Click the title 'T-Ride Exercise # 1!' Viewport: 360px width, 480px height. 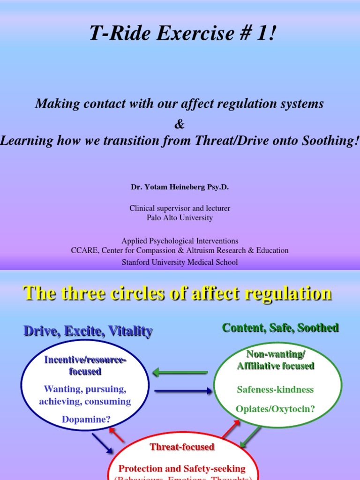pyautogui.click(x=180, y=33)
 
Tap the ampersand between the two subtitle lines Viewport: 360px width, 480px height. pyautogui.click(x=180, y=124)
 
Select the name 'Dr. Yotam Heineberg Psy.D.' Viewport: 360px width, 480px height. pyautogui.click(x=180, y=187)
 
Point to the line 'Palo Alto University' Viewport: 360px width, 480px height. pyautogui.click(x=180, y=217)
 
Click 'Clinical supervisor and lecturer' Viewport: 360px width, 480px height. pyautogui.click(x=180, y=208)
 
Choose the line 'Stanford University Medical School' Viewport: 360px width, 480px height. pyautogui.click(x=180, y=262)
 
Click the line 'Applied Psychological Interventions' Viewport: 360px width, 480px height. pyautogui.click(x=180, y=241)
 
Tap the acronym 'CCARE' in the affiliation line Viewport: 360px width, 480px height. pyautogui.click(x=83, y=250)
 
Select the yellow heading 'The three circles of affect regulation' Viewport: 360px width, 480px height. pyautogui.click(x=178, y=293)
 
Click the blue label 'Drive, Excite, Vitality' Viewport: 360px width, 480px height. pyautogui.click(x=88, y=331)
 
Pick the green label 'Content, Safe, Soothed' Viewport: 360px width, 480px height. pyautogui.click(x=280, y=328)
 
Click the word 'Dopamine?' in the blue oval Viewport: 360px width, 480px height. pyautogui.click(x=86, y=420)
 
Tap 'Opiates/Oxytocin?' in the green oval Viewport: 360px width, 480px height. pyautogui.click(x=276, y=409)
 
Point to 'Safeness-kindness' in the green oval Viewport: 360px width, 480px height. pyautogui.click(x=275, y=390)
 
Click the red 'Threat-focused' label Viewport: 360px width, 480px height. pyautogui.click(x=182, y=447)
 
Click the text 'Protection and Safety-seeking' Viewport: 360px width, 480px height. pyautogui.click(x=182, y=468)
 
